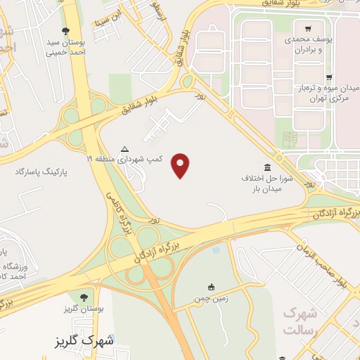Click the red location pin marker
coord(181,165)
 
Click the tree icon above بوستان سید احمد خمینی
coord(65,30)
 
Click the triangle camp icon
coord(124,148)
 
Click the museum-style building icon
coord(266,167)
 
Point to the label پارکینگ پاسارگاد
coord(43,171)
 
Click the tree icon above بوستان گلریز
coord(85,297)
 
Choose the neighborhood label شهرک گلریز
coord(87,341)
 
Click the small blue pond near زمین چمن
coord(216,249)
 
